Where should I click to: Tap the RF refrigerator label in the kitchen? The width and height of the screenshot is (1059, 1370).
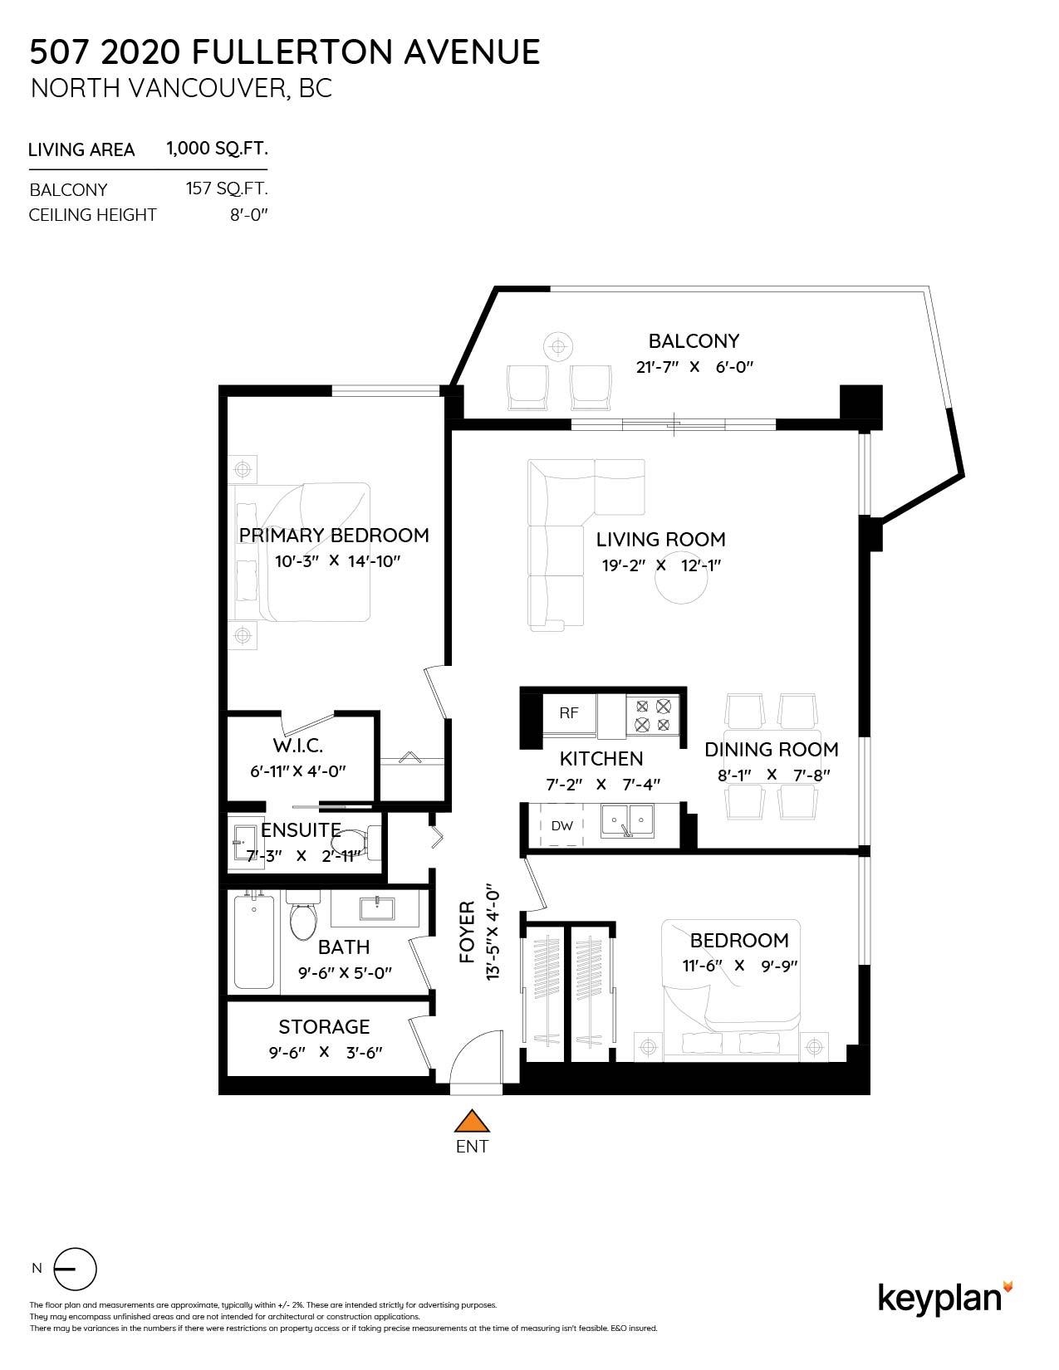click(x=568, y=712)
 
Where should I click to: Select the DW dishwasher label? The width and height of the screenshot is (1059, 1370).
click(x=561, y=825)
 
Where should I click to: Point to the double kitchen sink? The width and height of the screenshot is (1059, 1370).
click(x=627, y=820)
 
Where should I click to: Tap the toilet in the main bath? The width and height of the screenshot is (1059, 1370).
click(x=302, y=917)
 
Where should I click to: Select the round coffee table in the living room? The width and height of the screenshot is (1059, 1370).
click(x=682, y=585)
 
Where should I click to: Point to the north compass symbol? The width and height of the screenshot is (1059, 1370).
click(x=75, y=1269)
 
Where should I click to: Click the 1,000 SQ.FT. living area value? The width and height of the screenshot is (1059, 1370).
click(x=217, y=149)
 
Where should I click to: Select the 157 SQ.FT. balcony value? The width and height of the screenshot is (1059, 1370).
click(x=226, y=188)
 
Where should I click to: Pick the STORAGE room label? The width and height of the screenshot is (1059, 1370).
click(x=324, y=1027)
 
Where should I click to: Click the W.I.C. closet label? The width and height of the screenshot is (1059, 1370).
click(x=297, y=746)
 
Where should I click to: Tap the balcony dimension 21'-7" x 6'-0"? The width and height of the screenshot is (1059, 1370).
click(x=694, y=366)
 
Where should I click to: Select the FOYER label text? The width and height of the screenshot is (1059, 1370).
click(x=468, y=932)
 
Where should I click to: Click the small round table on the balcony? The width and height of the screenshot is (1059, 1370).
click(x=557, y=345)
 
